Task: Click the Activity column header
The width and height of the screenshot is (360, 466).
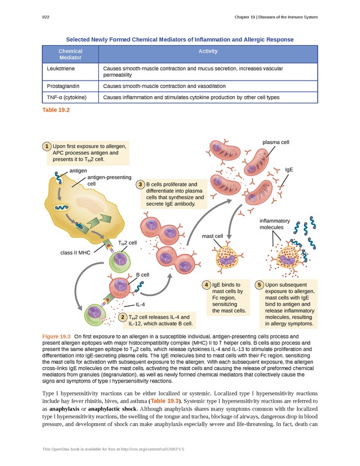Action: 208,51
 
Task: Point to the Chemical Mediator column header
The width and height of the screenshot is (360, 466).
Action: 70,54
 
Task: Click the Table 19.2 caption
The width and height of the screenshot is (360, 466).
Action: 56,110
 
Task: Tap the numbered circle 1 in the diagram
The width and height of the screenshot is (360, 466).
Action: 46,146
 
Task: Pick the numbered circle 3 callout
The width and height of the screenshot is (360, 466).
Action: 140,185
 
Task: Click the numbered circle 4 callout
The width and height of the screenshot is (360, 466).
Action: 206,284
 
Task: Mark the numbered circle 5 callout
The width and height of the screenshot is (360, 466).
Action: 259,284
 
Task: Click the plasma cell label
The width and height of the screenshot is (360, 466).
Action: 275,142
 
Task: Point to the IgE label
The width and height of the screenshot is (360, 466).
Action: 289,170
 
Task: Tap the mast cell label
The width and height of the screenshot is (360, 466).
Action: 212,236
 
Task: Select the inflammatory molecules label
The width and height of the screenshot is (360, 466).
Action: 274,224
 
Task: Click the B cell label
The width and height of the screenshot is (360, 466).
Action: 142,275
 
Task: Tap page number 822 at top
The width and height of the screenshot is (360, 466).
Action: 46,17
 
